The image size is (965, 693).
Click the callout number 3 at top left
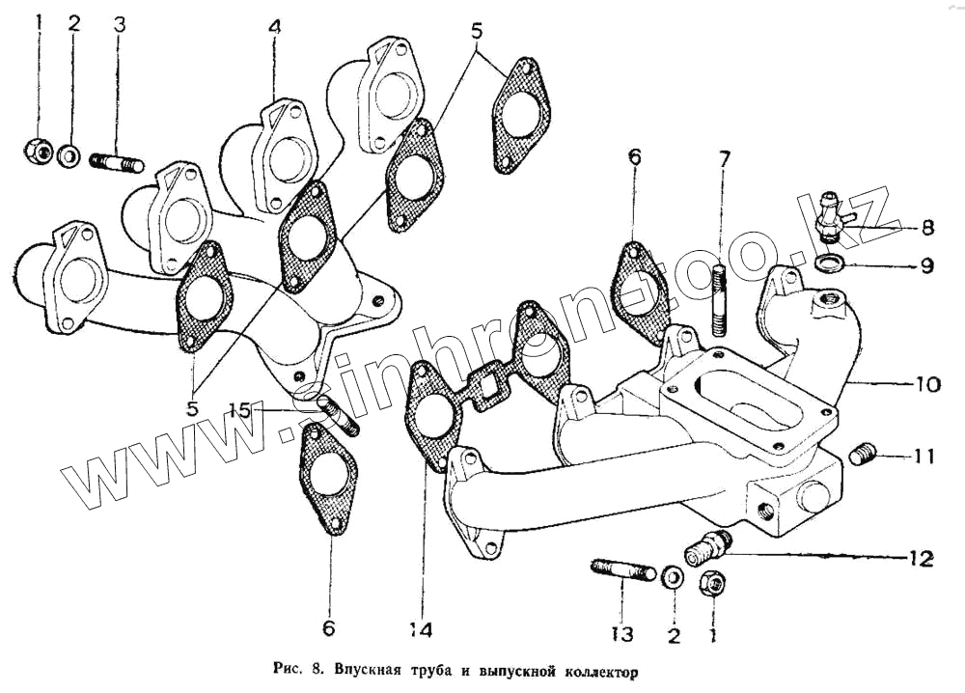point(119,25)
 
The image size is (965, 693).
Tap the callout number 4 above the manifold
point(275,29)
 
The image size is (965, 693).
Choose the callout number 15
point(240,411)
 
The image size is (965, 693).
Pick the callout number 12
point(919,558)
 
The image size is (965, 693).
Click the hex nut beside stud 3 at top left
point(39,151)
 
